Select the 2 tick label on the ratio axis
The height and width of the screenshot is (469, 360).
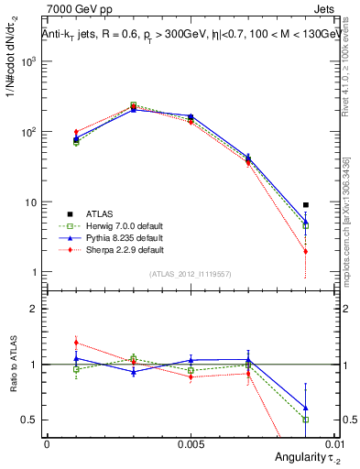(x=35, y=309)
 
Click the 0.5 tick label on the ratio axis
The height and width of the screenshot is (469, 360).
(x=32, y=420)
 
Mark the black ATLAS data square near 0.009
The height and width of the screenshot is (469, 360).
(x=306, y=205)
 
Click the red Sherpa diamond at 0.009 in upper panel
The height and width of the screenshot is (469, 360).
(x=306, y=251)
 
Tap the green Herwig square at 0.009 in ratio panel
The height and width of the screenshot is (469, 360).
(x=306, y=420)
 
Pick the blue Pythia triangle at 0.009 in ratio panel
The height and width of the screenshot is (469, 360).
(x=306, y=408)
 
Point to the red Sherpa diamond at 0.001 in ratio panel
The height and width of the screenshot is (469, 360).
(x=76, y=343)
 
